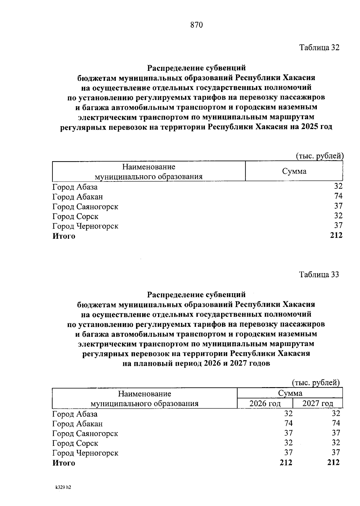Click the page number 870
pyautogui.click(x=196, y=25)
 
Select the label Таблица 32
pyautogui.click(x=319, y=47)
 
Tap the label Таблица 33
pyautogui.click(x=319, y=274)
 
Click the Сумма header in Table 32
pyautogui.click(x=294, y=171)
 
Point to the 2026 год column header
pyautogui.click(x=265, y=403)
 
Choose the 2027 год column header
pyautogui.click(x=318, y=403)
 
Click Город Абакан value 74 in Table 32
pyautogui.click(x=338, y=196)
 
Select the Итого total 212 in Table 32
pyautogui.click(x=336, y=236)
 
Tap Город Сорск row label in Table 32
pyautogui.click(x=75, y=216)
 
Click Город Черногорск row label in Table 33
pyautogui.click(x=85, y=453)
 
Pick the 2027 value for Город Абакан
pyautogui.click(x=336, y=423)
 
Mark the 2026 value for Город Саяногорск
pyautogui.click(x=288, y=433)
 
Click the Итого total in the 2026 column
pyautogui.click(x=286, y=462)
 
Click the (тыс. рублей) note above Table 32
pyautogui.click(x=319, y=156)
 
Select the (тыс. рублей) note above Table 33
pyautogui.click(x=316, y=383)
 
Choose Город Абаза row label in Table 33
pyautogui.click(x=75, y=414)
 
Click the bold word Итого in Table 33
pyautogui.click(x=64, y=463)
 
